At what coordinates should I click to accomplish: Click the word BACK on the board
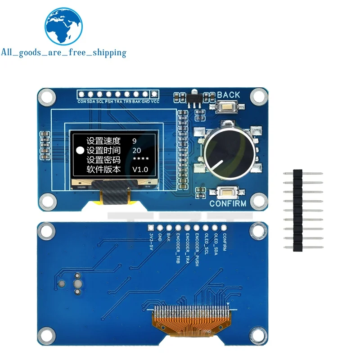pos(229,95)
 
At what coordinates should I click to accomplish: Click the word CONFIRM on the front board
pos(228,204)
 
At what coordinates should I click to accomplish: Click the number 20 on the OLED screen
pos(137,150)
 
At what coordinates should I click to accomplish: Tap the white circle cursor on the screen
pos(80,150)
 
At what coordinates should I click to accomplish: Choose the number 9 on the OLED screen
pos(134,140)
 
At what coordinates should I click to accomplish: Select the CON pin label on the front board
pos(81,102)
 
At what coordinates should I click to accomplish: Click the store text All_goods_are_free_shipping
pos(63,52)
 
